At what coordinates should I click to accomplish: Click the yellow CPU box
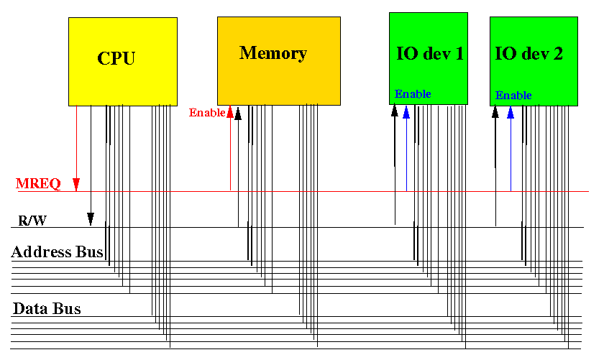pyautogui.click(x=123, y=62)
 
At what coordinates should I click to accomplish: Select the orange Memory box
pyautogui.click(x=279, y=61)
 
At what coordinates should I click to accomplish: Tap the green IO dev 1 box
pyautogui.click(x=429, y=58)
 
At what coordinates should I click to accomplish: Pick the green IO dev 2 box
pyautogui.click(x=534, y=61)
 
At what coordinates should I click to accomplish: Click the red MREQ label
pyautogui.click(x=38, y=184)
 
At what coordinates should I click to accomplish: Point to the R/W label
pyautogui.click(x=32, y=221)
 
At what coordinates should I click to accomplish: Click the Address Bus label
pyautogui.click(x=57, y=251)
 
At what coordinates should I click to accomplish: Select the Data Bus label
pyautogui.click(x=47, y=309)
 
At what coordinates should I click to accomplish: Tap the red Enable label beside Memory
pyautogui.click(x=207, y=112)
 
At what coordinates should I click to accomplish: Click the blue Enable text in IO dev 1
pyautogui.click(x=413, y=94)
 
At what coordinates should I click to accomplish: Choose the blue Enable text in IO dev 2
pyautogui.click(x=513, y=95)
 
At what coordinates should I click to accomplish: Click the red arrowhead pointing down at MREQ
pyautogui.click(x=76, y=184)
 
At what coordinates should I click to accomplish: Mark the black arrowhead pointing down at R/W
pyautogui.click(x=91, y=219)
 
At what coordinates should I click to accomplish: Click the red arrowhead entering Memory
pyautogui.click(x=230, y=111)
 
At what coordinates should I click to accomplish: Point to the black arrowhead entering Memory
pyautogui.click(x=238, y=114)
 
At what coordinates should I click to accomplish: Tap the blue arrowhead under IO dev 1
pyautogui.click(x=406, y=111)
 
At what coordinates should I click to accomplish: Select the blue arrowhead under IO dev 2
pyautogui.click(x=511, y=112)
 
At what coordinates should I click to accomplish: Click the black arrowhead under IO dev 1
pyautogui.click(x=395, y=111)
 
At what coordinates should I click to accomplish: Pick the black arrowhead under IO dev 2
pyautogui.click(x=495, y=111)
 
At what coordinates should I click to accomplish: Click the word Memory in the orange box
pyautogui.click(x=273, y=53)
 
